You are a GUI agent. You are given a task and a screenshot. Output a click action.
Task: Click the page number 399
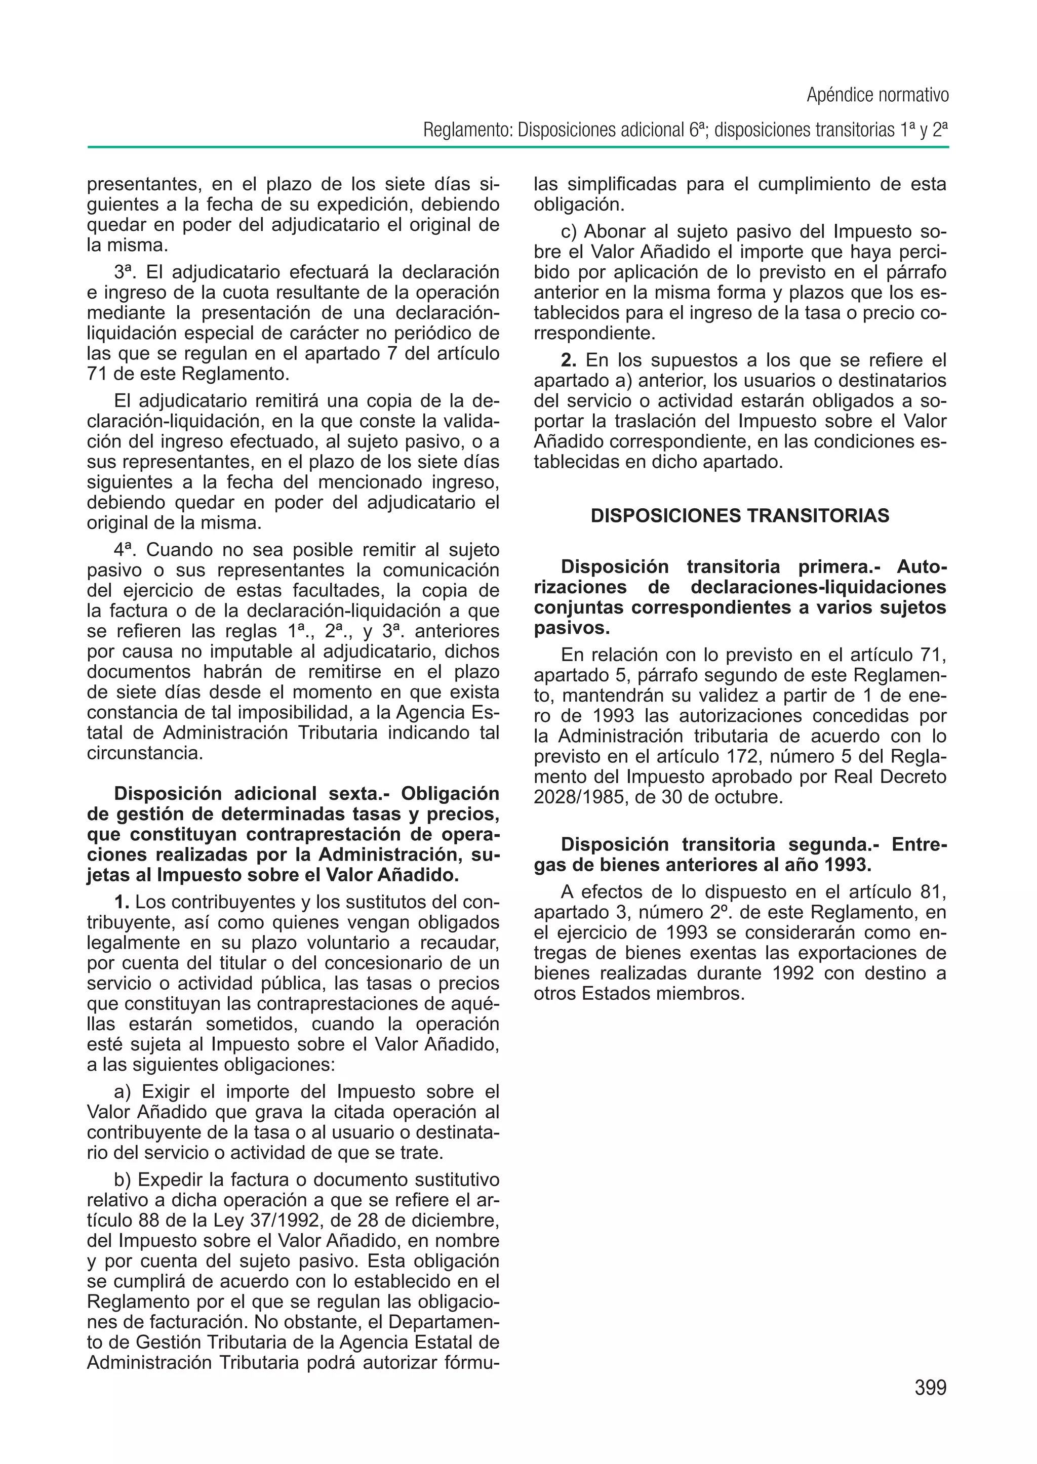click(930, 1389)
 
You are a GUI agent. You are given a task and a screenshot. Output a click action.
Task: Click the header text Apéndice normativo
click(878, 95)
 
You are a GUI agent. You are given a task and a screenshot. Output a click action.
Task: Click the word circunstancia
click(144, 753)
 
